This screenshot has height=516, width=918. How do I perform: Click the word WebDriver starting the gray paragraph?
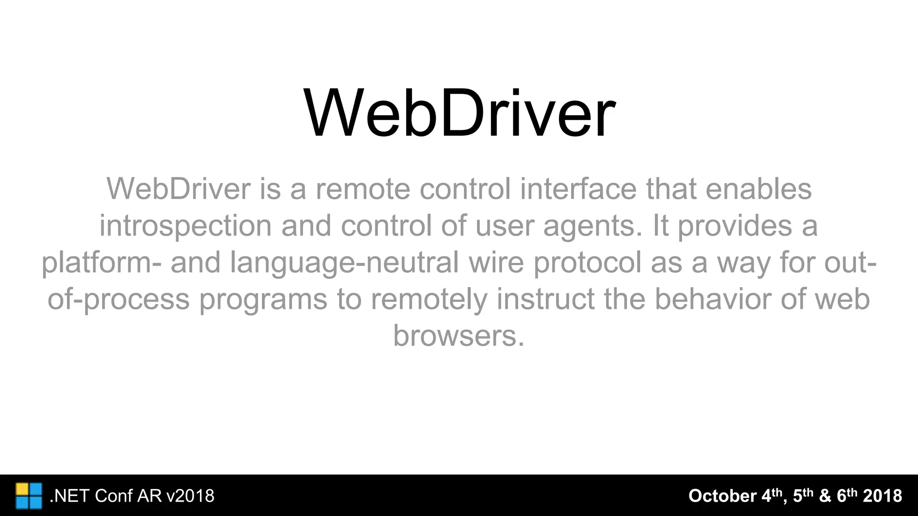178,189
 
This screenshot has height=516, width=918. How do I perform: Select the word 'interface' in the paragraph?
578,189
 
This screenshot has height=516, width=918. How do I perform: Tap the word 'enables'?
758,189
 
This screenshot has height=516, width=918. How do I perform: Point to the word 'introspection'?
185,226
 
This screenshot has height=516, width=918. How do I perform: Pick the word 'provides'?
734,226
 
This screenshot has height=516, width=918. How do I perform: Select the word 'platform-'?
101,262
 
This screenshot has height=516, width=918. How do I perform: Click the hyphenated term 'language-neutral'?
344,262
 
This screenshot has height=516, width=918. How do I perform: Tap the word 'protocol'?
587,262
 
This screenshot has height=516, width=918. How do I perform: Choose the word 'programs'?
263,299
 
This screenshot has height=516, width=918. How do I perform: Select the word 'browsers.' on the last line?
459,336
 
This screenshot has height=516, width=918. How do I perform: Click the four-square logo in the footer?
29,496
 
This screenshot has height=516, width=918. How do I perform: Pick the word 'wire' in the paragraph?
496,262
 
